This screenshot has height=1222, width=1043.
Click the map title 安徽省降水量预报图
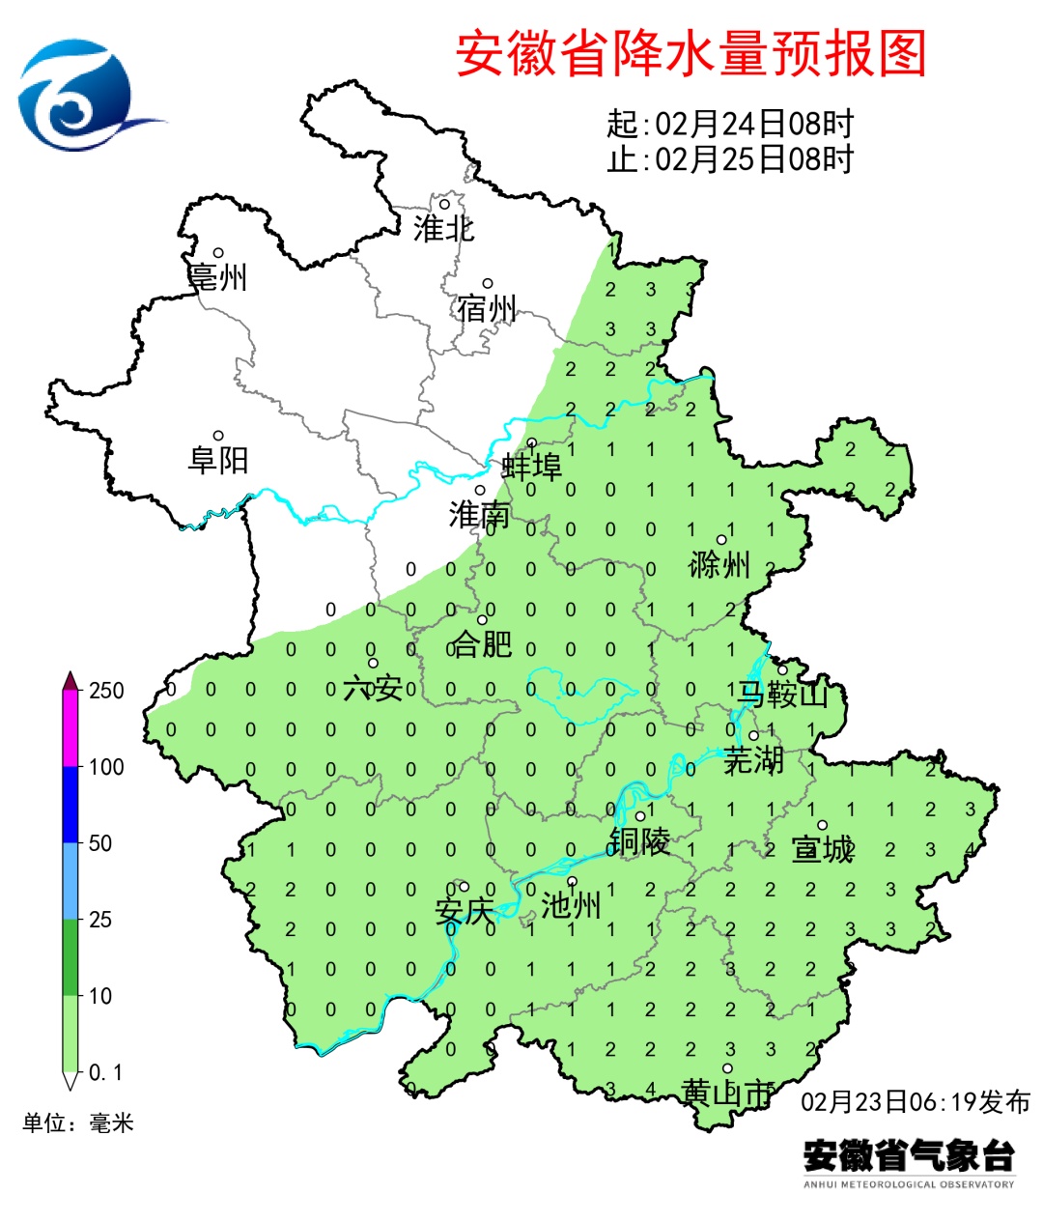tap(691, 53)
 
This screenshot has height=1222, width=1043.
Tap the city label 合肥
tap(482, 642)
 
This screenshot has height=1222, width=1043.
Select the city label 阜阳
tap(218, 460)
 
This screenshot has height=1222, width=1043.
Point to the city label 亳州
tap(218, 277)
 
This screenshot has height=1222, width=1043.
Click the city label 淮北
tap(443, 229)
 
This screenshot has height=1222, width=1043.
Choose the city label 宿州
tap(488, 309)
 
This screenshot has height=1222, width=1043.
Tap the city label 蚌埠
tap(531, 467)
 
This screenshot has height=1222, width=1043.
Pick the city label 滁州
tap(719, 564)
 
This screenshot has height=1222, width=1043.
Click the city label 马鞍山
tap(783, 694)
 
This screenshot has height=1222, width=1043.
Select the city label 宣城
tap(822, 849)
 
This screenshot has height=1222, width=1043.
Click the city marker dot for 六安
tap(373, 663)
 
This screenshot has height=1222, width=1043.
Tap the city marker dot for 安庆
tap(464, 887)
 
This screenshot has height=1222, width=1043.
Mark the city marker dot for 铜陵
tap(639, 816)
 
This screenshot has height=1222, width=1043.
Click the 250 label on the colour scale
tap(106, 691)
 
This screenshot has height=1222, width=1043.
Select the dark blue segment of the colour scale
tap(70, 805)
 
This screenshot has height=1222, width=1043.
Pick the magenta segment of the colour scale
tap(70, 728)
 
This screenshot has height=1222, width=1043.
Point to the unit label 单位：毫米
tap(78, 1123)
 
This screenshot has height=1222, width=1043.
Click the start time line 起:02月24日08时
tap(730, 124)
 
